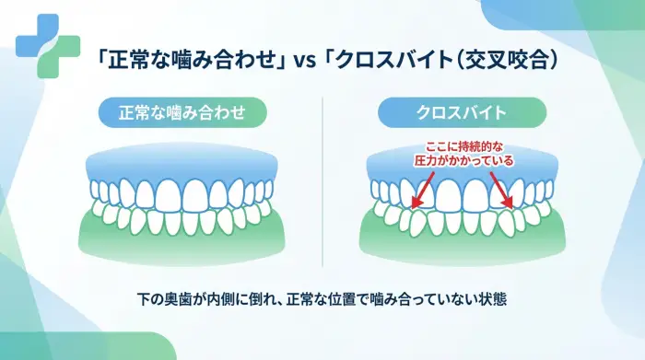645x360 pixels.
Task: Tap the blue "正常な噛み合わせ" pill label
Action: click(x=182, y=113)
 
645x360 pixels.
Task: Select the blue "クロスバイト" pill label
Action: click(x=462, y=113)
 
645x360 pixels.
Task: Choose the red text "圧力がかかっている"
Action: click(x=463, y=160)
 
